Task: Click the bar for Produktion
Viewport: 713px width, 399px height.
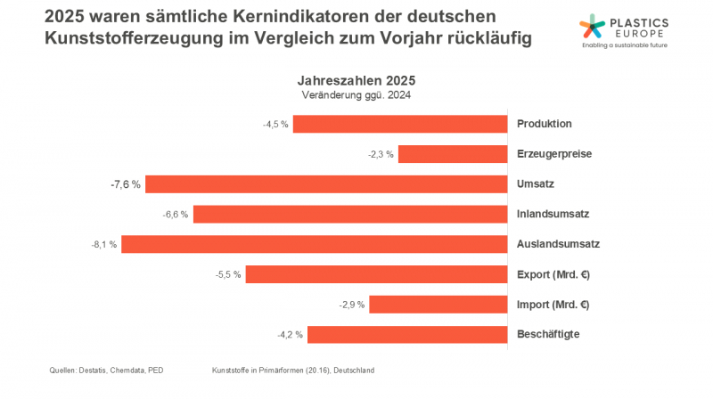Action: [x=399, y=124]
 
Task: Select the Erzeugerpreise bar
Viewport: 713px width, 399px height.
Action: [x=452, y=154]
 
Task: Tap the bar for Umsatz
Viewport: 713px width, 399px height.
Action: [x=325, y=184]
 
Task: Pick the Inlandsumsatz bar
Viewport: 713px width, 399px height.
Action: [x=349, y=215]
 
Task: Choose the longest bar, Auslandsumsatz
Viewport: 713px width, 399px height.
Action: [x=314, y=244]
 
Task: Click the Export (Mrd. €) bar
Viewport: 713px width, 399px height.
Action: [x=376, y=274]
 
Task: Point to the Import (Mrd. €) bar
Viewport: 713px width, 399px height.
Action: [x=438, y=305]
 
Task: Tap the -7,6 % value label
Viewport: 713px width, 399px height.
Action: [x=126, y=184]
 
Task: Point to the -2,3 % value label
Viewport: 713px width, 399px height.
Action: [x=381, y=154]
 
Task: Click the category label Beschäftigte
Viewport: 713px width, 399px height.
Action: [x=550, y=335]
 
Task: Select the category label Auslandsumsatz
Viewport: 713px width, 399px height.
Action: [x=558, y=244]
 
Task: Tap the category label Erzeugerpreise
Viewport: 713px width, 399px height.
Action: [x=554, y=154]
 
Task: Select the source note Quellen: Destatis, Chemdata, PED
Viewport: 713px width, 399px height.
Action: [x=107, y=370]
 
